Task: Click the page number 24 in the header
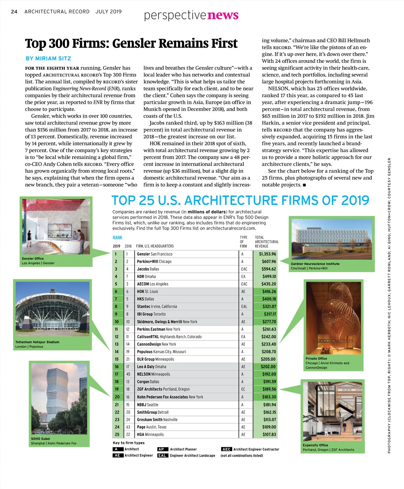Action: tap(14, 11)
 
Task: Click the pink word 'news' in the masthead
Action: tap(223, 15)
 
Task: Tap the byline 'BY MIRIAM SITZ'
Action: tap(48, 58)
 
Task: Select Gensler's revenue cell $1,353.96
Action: tap(267, 254)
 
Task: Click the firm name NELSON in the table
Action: tap(144, 374)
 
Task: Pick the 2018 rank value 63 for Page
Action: tap(128, 427)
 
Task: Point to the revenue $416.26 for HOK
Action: tap(269, 291)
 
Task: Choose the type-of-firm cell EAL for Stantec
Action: tap(244, 307)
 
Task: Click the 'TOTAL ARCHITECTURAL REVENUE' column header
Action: tap(266, 242)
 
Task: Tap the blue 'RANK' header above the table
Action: tap(117, 237)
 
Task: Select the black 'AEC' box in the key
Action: tap(226, 449)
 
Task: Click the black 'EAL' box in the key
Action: tap(162, 456)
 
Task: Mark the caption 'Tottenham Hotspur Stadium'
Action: tap(37, 342)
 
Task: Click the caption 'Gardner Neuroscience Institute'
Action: tap(315, 264)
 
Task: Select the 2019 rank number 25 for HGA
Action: tap(117, 434)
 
